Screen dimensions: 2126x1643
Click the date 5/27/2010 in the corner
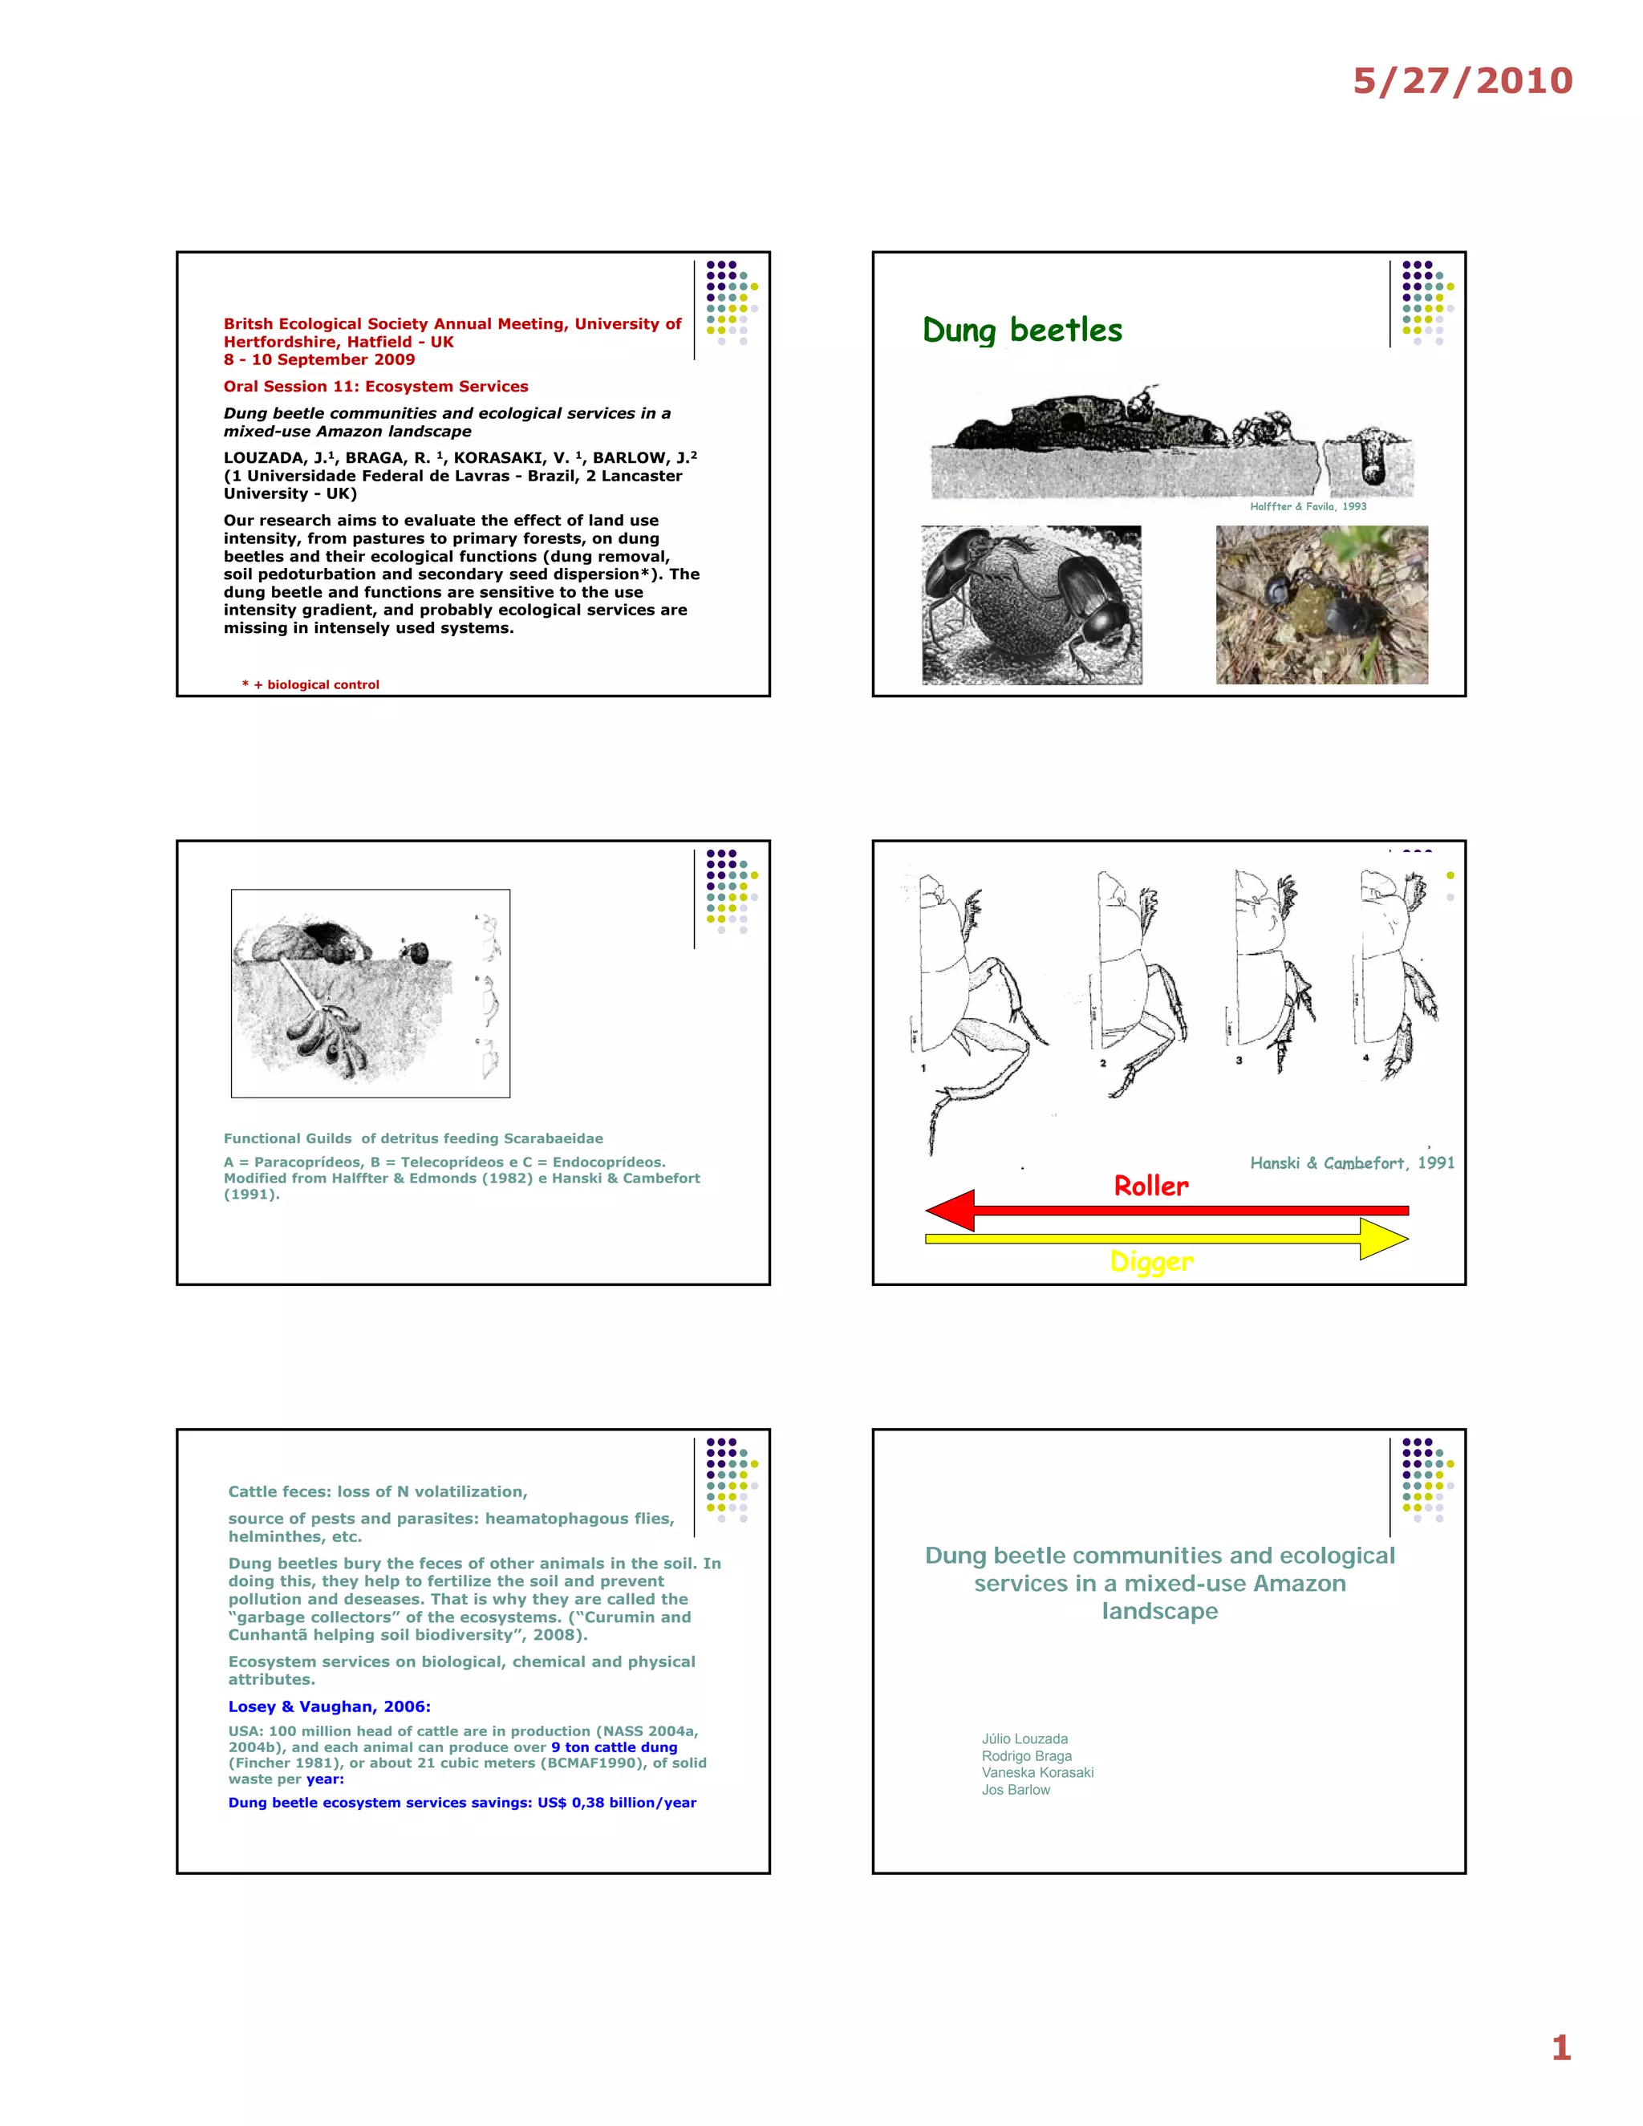tap(1462, 81)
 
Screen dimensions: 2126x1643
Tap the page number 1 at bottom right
tap(1560, 2047)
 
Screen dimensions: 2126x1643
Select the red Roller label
tap(1150, 1186)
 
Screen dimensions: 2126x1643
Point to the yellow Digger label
tap(1150, 1262)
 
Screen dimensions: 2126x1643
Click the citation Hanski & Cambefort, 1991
tap(1351, 1162)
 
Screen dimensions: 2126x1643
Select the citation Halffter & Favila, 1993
tap(1307, 506)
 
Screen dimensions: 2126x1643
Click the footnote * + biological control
tap(310, 684)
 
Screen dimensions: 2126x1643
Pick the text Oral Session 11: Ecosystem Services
tap(375, 387)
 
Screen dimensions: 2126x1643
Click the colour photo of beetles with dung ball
tap(1320, 605)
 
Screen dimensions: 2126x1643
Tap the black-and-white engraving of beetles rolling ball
tap(1031, 605)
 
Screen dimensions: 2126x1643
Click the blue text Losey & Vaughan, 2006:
tap(329, 1706)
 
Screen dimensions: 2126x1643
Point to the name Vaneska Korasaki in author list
tap(1037, 1773)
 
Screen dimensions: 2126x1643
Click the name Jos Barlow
tap(1015, 1790)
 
